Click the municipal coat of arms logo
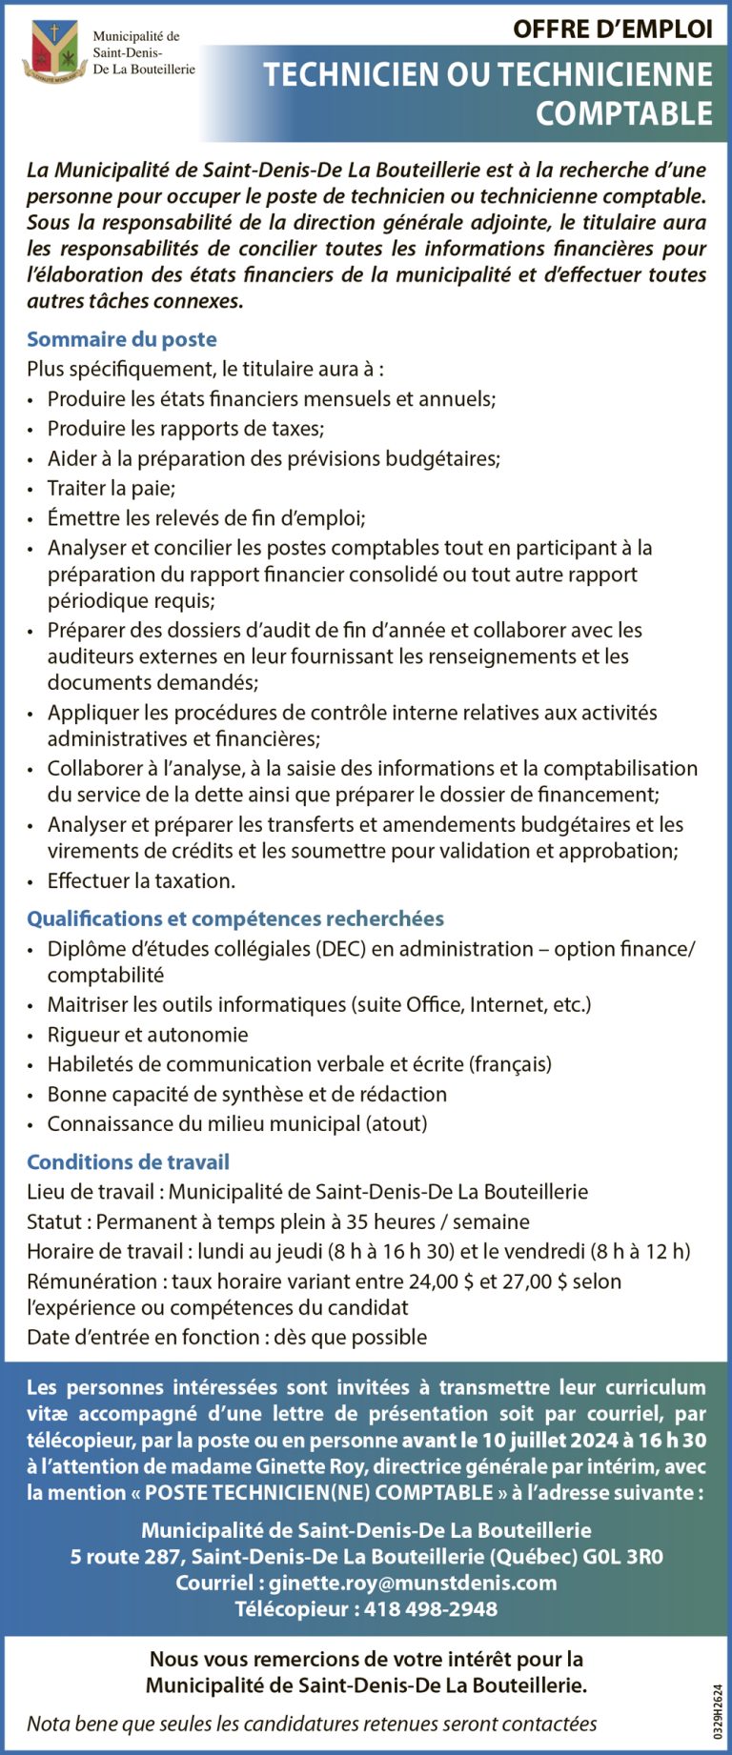(x=55, y=52)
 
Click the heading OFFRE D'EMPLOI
(x=612, y=29)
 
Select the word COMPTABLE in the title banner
(x=623, y=113)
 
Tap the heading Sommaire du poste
(x=122, y=339)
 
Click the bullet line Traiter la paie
(x=112, y=488)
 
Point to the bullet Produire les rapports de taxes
(x=186, y=429)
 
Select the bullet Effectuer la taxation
(x=141, y=880)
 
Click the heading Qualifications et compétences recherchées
(x=235, y=918)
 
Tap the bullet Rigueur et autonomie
(x=148, y=1035)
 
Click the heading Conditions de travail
(x=128, y=1162)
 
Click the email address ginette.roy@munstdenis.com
(x=413, y=1583)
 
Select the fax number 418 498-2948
(x=431, y=1609)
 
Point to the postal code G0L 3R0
(x=623, y=1557)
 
